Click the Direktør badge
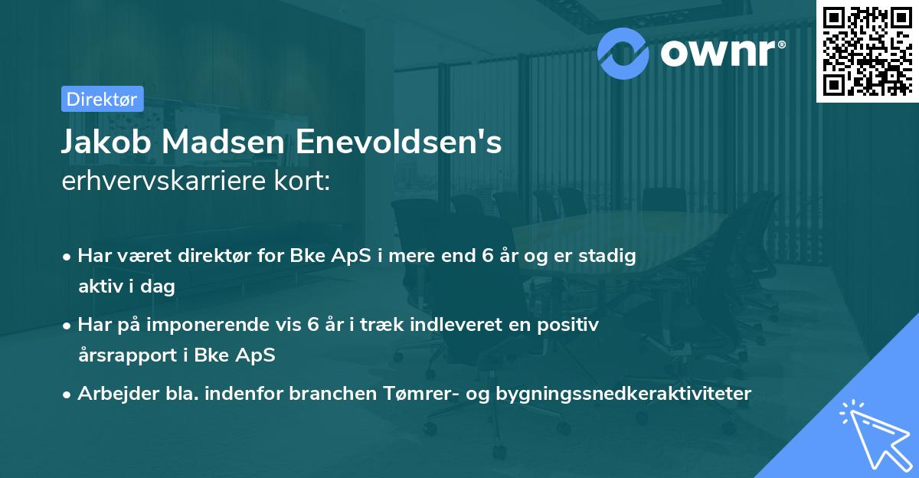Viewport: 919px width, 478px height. [101, 99]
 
